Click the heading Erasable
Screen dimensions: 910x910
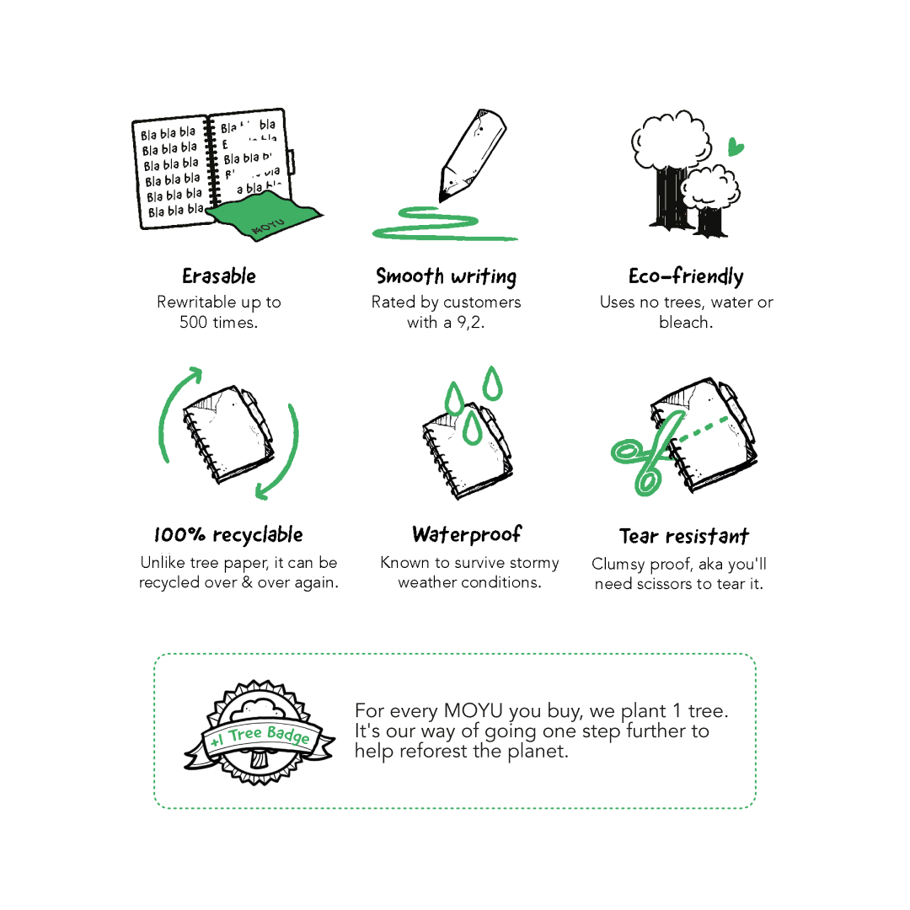tap(219, 276)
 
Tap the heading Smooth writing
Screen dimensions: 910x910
tap(447, 277)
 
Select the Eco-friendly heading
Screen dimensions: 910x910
tap(686, 277)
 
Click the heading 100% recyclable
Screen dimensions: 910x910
tap(228, 534)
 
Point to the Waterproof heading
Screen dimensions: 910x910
tap(467, 534)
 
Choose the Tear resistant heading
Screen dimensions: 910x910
tap(684, 536)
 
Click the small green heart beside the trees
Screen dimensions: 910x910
tap(736, 147)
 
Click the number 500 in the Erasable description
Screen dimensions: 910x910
tap(193, 323)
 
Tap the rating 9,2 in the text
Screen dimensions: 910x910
tap(468, 323)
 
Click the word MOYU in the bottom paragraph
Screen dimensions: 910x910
tap(473, 711)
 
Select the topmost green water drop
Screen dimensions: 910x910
tap(492, 383)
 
